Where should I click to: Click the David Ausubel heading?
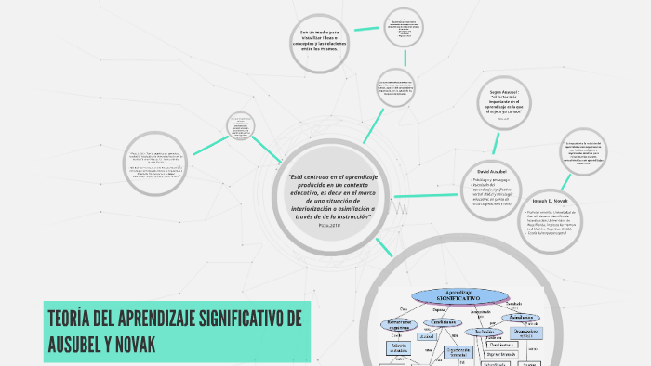click(x=491, y=173)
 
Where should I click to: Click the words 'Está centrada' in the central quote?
click(x=312, y=176)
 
